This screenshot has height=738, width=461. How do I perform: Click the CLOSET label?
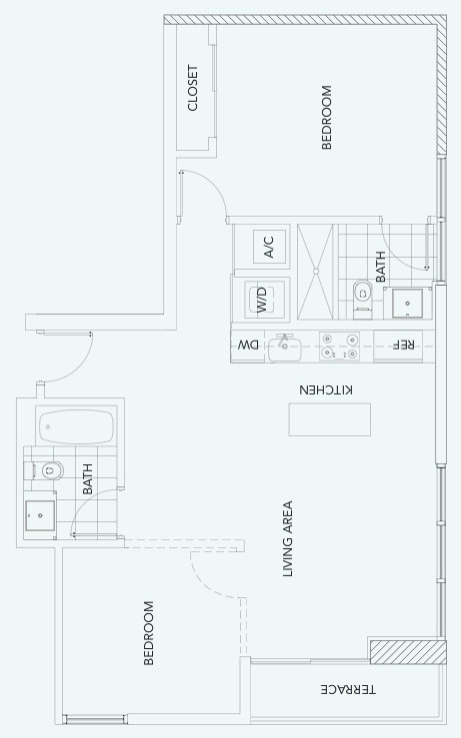pyautogui.click(x=192, y=88)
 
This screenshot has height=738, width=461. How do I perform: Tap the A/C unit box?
pyautogui.click(x=269, y=247)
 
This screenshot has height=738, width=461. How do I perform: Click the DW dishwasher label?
pyautogui.click(x=248, y=346)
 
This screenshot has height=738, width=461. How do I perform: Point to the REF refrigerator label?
pyautogui.click(x=404, y=345)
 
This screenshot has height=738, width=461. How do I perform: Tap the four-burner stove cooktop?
pyautogui.click(x=339, y=346)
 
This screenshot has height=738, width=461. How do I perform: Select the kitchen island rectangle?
pyautogui.click(x=329, y=419)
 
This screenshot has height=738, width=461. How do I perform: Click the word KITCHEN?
pyautogui.click(x=326, y=389)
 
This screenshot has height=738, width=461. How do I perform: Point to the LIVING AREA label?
pyautogui.click(x=288, y=539)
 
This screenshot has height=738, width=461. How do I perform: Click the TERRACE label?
pyautogui.click(x=348, y=690)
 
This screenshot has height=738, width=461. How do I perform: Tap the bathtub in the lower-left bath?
pyautogui.click(x=76, y=426)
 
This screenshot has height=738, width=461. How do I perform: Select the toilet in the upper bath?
pyautogui.click(x=362, y=300)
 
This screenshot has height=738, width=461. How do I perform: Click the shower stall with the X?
pyautogui.click(x=316, y=272)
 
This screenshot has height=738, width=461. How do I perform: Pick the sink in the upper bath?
pyautogui.click(x=408, y=304)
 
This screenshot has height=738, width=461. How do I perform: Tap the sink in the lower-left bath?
pyautogui.click(x=40, y=516)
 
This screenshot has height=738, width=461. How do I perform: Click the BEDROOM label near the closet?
pyautogui.click(x=326, y=117)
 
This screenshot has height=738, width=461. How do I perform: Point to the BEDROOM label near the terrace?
pyautogui.click(x=148, y=633)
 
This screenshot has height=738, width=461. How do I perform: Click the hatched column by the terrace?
pyautogui.click(x=408, y=652)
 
